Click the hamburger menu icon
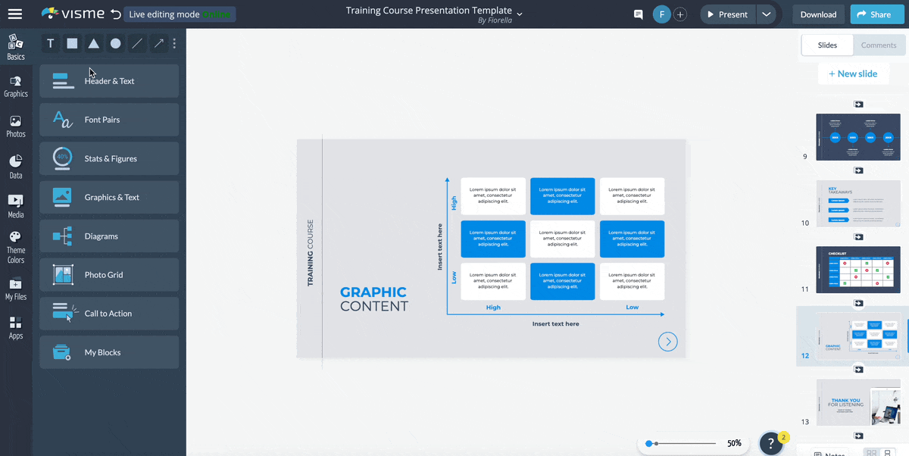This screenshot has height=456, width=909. tap(15, 14)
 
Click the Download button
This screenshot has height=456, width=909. tap(818, 14)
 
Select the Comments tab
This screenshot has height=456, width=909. tap(878, 45)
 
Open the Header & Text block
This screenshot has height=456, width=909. tap(109, 81)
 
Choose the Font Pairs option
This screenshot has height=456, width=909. tap(109, 120)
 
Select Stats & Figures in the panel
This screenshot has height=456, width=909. tap(109, 158)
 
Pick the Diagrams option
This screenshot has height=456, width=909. tap(109, 236)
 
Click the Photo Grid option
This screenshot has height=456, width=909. tap(109, 275)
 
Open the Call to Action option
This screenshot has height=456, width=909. tap(109, 314)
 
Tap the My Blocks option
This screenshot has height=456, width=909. tap(109, 352)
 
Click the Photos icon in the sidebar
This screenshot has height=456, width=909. tap(16, 126)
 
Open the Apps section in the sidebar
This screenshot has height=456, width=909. tap(16, 327)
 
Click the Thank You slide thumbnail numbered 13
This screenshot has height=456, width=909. tap(857, 402)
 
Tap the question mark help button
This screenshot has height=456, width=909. tap(770, 444)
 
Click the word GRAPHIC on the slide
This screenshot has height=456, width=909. tap(373, 292)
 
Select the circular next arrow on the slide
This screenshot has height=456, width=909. tap(667, 342)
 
